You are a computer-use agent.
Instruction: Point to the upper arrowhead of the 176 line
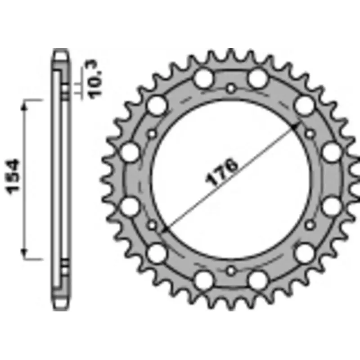(295, 127)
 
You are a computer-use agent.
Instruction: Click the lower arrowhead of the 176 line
(166, 229)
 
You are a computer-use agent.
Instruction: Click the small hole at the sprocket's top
(231, 88)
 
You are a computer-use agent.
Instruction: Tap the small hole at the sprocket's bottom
(231, 270)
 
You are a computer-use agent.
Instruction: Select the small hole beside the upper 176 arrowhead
(310, 133)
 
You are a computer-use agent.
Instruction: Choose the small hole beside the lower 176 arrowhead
(152, 224)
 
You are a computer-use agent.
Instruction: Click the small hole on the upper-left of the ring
(152, 133)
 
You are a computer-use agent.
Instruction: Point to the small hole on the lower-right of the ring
(310, 224)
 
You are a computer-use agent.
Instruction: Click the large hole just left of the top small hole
(203, 79)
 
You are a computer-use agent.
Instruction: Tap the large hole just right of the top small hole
(257, 79)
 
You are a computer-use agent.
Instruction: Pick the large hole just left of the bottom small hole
(203, 279)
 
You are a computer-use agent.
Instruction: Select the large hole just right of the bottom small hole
(257, 279)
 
